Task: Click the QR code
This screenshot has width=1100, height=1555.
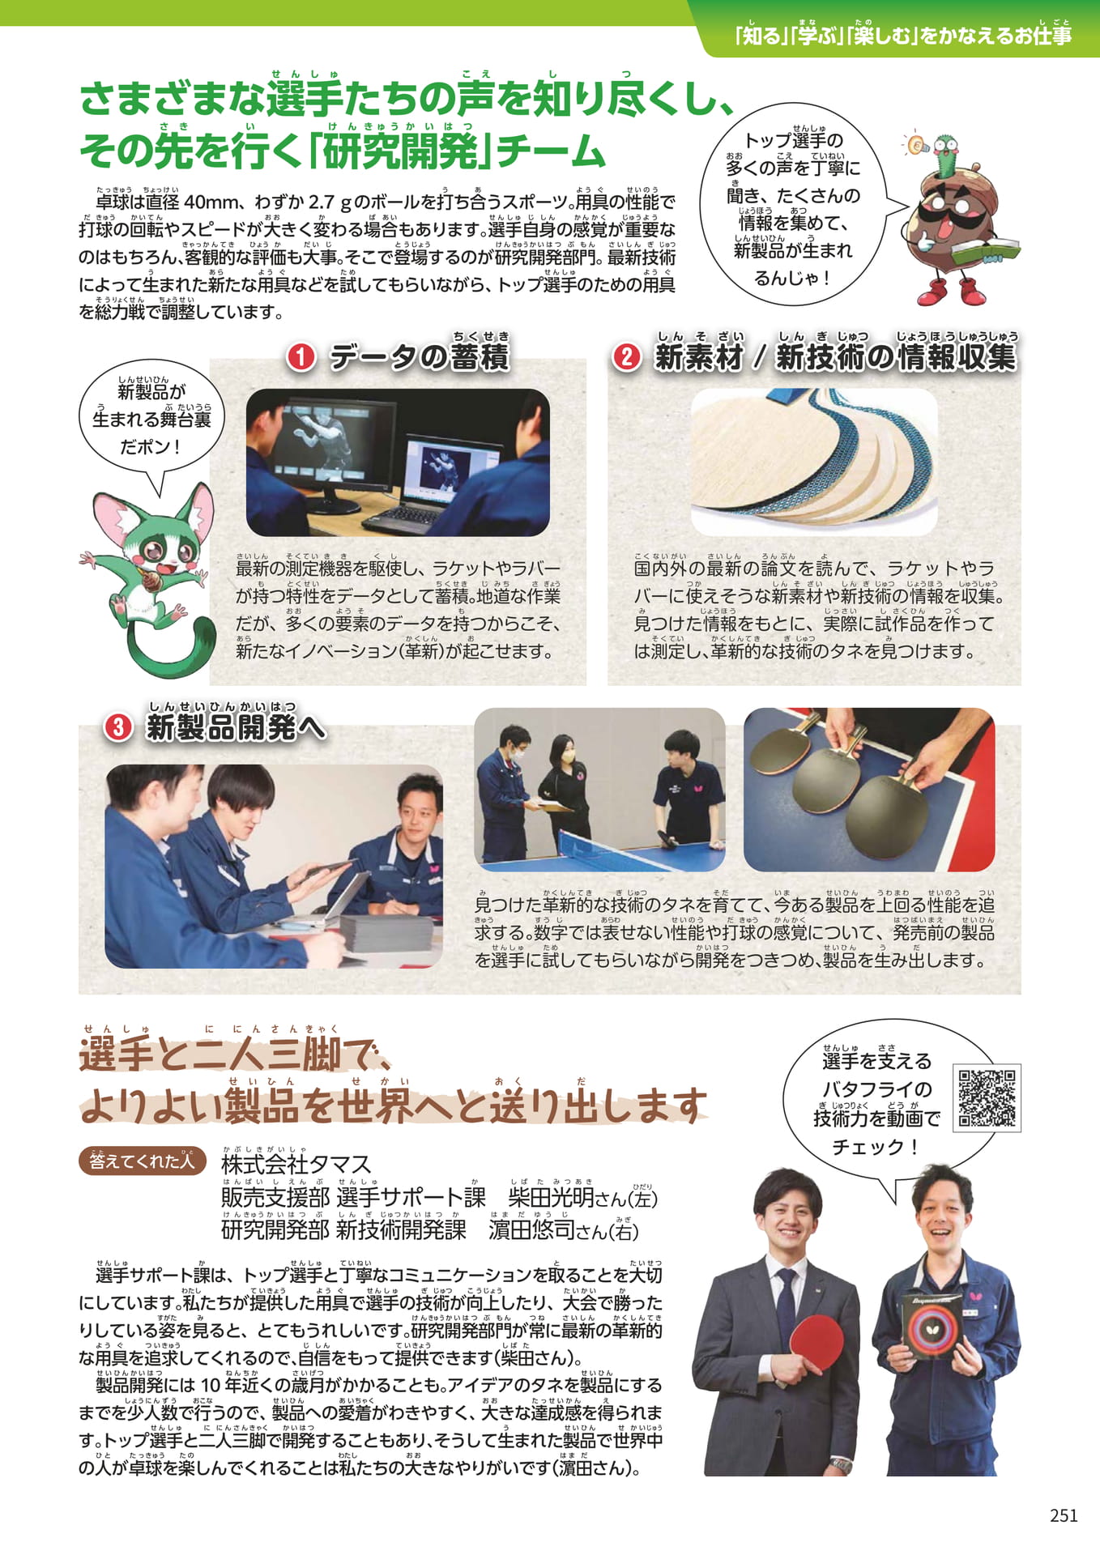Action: pos(987,1097)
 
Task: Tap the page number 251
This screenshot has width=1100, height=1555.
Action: pos(1064,1515)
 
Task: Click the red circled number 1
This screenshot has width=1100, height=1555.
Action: pos(301,357)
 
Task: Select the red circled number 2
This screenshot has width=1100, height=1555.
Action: pos(626,357)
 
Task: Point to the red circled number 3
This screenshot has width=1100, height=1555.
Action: pos(119,726)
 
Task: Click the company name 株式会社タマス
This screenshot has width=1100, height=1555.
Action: pos(296,1165)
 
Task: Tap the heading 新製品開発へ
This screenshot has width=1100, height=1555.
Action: pos(236,727)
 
